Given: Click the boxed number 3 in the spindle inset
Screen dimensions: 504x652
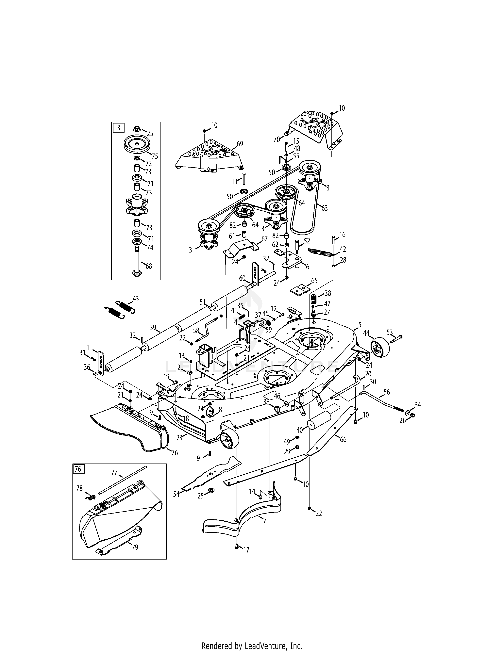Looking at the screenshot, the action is click(x=119, y=128).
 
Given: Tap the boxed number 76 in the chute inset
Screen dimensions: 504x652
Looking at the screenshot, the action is click(x=78, y=469).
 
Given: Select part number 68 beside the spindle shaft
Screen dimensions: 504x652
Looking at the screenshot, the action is click(x=148, y=266).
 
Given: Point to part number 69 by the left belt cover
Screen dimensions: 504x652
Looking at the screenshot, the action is click(x=240, y=144).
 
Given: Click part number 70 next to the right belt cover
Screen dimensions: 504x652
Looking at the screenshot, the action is click(x=277, y=139).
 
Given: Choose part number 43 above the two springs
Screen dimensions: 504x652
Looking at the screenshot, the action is click(x=136, y=299).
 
